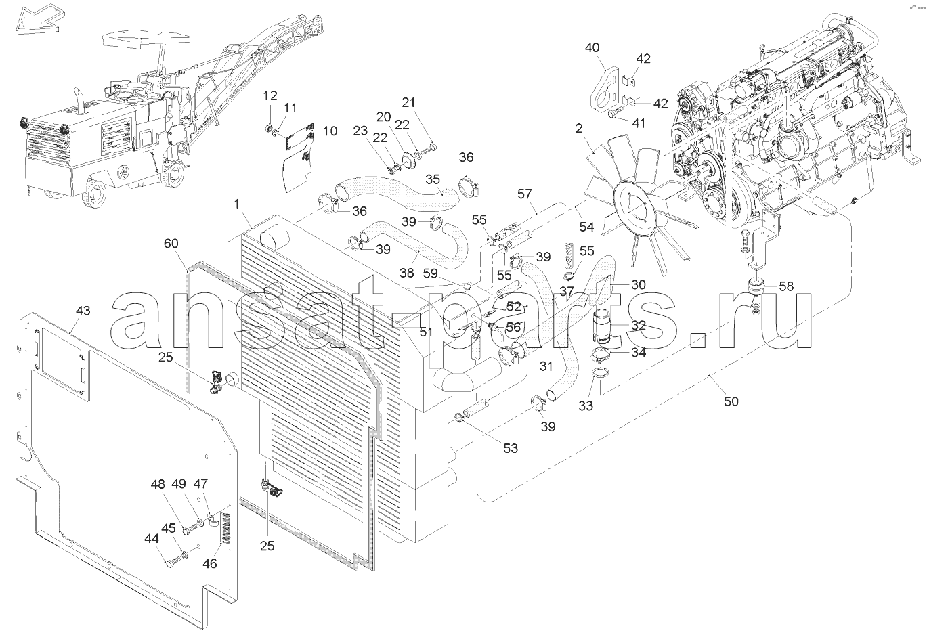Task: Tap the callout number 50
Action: tap(731, 401)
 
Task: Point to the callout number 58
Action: tap(785, 286)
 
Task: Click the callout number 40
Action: tap(592, 47)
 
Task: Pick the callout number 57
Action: tap(525, 194)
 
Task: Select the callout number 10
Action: tap(329, 131)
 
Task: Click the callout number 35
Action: tap(433, 179)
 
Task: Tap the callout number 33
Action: tap(586, 406)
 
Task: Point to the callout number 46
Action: tap(211, 563)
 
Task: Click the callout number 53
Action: tap(509, 447)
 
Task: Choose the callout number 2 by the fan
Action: tap(579, 128)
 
